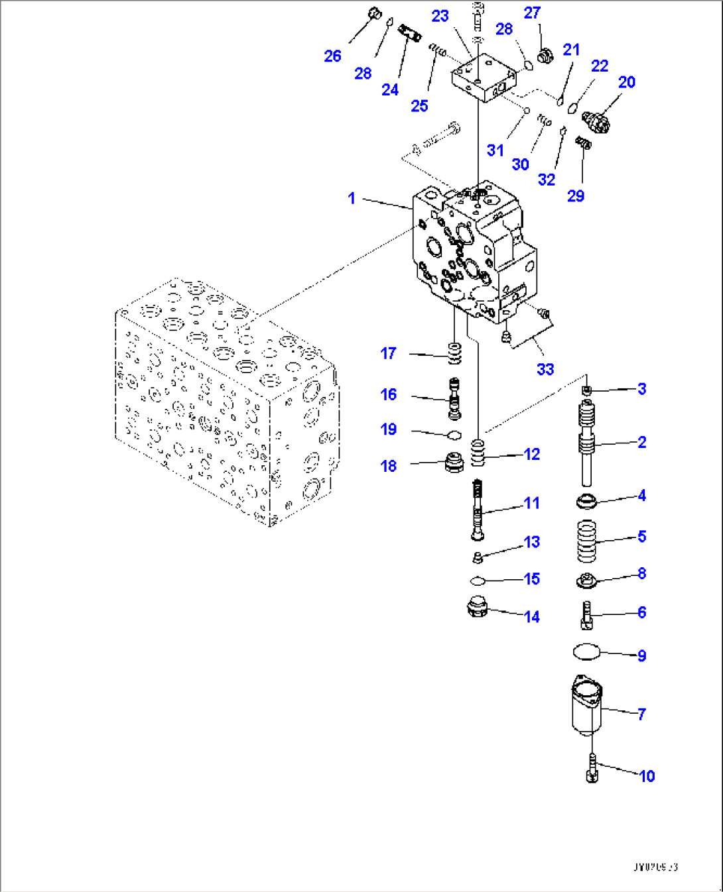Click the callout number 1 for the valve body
point(352,198)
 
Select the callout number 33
point(545,369)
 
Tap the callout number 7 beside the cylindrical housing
point(641,714)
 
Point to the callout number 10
point(647,775)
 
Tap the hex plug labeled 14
point(479,608)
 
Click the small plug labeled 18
point(454,462)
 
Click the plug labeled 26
point(373,13)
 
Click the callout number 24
point(390,89)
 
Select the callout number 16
point(389,394)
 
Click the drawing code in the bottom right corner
point(655,867)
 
